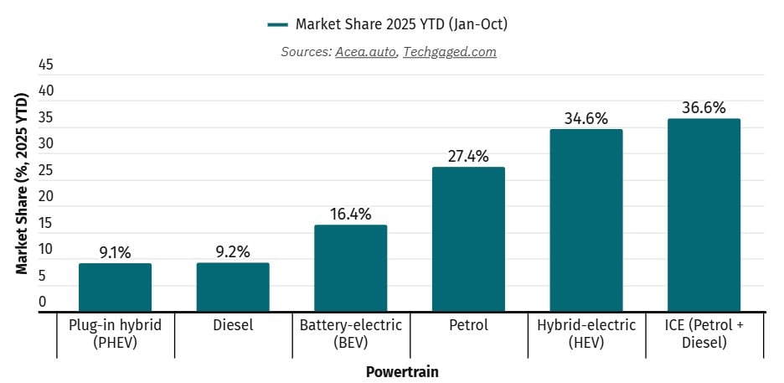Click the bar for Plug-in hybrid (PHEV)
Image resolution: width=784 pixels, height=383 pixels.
tap(115, 287)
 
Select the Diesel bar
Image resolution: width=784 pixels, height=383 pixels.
tap(233, 287)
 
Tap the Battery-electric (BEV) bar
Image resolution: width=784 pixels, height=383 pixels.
tap(351, 268)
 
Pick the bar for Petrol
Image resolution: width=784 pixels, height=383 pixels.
tap(468, 240)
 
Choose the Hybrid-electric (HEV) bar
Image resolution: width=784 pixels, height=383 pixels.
tap(586, 220)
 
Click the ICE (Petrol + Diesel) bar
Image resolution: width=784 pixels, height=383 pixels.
tap(704, 215)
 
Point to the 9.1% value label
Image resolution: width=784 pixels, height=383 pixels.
tap(115, 251)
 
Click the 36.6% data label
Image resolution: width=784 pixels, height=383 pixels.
tap(704, 107)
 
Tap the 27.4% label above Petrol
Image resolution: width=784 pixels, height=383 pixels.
tap(468, 156)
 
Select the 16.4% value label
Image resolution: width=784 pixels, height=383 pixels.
tap(351, 214)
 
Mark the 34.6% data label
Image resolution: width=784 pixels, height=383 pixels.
tap(586, 118)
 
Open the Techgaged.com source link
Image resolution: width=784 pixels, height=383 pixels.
tap(450, 52)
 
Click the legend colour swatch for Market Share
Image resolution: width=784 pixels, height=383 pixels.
tap(277, 24)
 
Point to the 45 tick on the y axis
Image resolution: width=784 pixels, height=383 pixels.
tap(47, 65)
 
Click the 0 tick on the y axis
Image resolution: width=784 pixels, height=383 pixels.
tap(43, 302)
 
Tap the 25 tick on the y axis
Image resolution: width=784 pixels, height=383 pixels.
tap(47, 170)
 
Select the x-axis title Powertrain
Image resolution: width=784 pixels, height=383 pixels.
tap(402, 371)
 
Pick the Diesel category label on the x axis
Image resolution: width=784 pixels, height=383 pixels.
tap(233, 324)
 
